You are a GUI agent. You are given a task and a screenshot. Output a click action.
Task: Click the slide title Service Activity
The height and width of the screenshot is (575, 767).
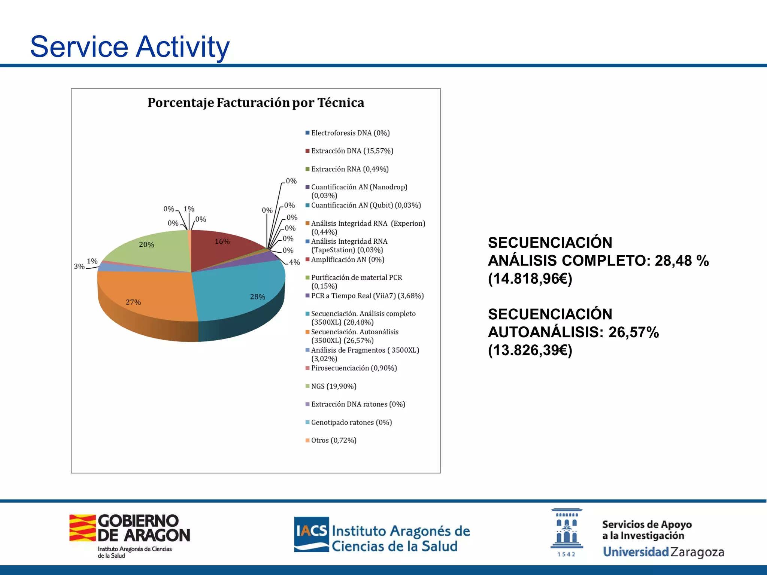point(130,47)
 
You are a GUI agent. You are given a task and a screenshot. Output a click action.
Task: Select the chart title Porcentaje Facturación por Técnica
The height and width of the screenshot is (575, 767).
point(255,103)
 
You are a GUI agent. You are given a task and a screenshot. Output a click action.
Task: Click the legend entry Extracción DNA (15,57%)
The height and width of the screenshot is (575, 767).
point(352,151)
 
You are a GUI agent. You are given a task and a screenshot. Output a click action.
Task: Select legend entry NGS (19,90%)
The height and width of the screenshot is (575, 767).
point(333,386)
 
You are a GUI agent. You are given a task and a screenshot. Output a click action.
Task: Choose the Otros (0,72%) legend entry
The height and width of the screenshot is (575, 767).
point(333,441)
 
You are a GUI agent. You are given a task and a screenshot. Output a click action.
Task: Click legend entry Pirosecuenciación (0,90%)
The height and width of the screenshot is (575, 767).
point(354,368)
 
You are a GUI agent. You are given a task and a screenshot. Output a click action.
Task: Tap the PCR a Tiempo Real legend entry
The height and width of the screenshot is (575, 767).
point(367,296)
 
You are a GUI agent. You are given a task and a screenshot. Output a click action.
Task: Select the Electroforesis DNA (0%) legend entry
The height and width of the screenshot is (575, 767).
point(350,133)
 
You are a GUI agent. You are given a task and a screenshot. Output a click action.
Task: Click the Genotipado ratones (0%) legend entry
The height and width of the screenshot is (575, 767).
point(351,423)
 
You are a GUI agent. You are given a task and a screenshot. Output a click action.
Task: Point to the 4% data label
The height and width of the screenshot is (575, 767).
point(294,262)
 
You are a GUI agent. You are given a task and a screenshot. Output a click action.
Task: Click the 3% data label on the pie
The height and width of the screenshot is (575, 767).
point(79,267)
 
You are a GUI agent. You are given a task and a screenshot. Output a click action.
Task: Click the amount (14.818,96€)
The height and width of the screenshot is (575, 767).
point(530,279)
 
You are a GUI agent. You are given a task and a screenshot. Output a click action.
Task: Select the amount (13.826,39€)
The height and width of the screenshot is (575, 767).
point(530,350)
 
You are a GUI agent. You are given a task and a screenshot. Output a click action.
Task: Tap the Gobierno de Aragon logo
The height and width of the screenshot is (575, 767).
point(130,535)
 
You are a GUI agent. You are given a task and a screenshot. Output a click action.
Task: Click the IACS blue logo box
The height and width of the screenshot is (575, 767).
point(311,534)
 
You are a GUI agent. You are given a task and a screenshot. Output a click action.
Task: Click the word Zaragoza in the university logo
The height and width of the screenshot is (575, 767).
point(697,552)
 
